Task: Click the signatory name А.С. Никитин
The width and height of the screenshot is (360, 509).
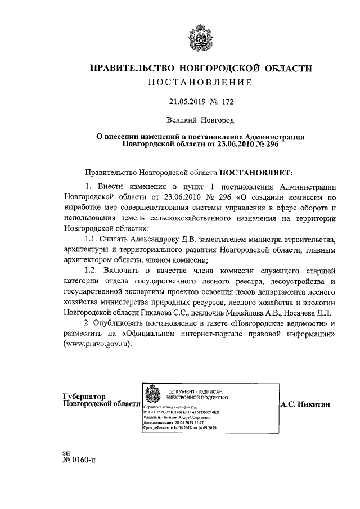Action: (307, 404)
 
